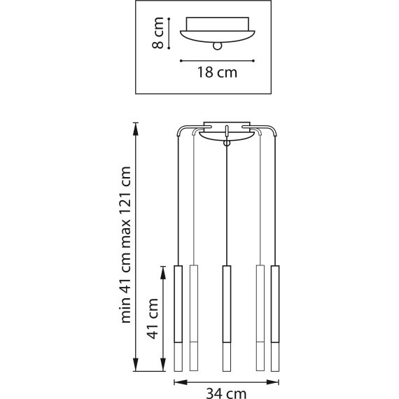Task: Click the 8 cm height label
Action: [x=159, y=34]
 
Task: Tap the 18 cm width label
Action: [x=216, y=72]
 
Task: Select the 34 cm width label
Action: [x=226, y=393]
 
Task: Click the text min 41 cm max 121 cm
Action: [x=127, y=245]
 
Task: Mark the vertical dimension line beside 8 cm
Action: [x=172, y=34]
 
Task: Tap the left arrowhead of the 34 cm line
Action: [x=176, y=382]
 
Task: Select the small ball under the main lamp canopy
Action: [x=226, y=143]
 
